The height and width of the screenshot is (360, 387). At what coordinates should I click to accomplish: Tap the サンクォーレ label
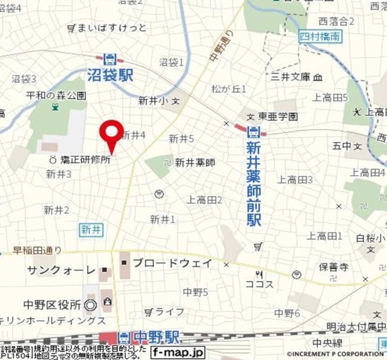[x=61, y=270]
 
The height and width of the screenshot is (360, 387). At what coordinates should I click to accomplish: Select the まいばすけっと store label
[x=111, y=28]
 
